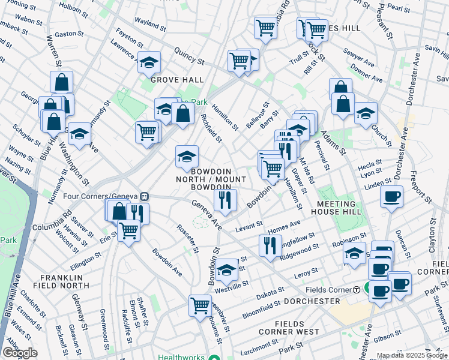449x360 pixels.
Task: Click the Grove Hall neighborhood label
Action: tap(177, 80)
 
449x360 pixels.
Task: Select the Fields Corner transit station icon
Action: tap(357, 289)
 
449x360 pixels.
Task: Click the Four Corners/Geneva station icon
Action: tap(145, 197)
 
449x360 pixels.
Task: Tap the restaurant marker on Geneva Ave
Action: tap(225, 200)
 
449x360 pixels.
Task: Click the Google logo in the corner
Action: tap(20, 353)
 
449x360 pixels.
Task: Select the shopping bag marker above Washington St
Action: tap(61, 82)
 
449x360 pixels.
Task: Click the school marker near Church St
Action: tap(365, 113)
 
